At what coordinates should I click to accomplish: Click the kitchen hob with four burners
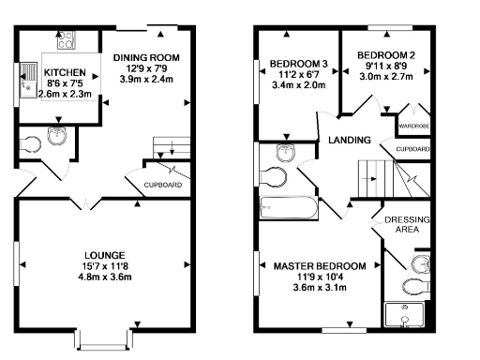pyautogui.click(x=66, y=40)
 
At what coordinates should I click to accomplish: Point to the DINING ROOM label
pyautogui.click(x=146, y=58)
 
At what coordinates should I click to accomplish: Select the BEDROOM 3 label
pyautogui.click(x=295, y=65)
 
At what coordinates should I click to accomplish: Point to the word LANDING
pyautogui.click(x=349, y=141)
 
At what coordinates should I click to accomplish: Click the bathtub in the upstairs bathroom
pyautogui.click(x=287, y=209)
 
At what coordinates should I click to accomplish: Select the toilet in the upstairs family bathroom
pyautogui.click(x=275, y=176)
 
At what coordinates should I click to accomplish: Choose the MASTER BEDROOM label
pyautogui.click(x=321, y=266)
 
